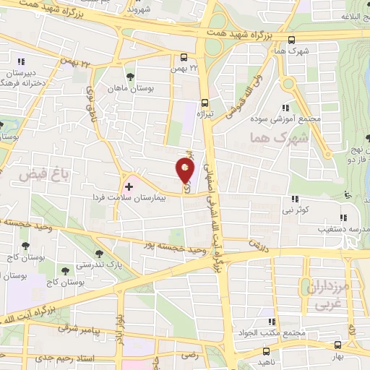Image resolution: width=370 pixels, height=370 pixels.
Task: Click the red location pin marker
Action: click(x=185, y=171)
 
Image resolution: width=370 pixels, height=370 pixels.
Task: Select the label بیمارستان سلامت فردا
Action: click(x=130, y=197)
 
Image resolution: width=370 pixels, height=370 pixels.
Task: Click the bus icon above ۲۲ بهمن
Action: click(x=184, y=59)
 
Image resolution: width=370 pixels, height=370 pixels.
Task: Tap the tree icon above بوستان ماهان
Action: click(x=130, y=76)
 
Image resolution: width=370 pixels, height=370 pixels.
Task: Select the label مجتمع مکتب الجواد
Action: click(x=270, y=334)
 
